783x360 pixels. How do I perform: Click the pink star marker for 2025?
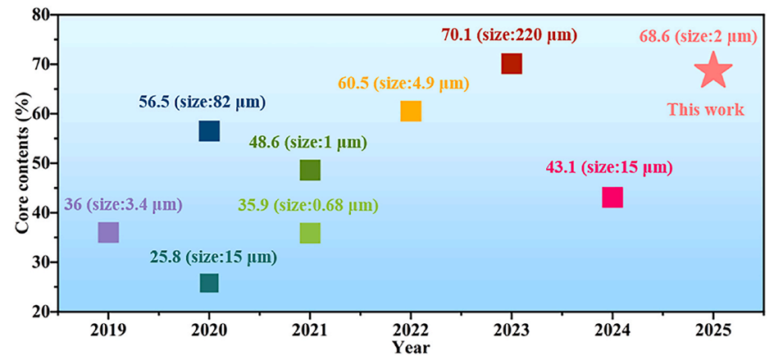[x=713, y=71]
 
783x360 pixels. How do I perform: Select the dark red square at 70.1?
[x=511, y=64]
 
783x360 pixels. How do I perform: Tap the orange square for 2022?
[x=411, y=112]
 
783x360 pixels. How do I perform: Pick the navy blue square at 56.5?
[x=209, y=131]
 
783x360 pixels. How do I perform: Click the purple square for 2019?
[x=108, y=233]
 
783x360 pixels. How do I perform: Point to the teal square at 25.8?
[x=209, y=283]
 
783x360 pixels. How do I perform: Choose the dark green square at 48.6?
[x=310, y=170]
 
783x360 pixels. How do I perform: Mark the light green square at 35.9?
[x=310, y=233]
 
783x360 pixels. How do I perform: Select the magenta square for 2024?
[x=612, y=197]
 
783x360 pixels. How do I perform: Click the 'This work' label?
[x=705, y=109]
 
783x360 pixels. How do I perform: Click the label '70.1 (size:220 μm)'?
[x=509, y=35]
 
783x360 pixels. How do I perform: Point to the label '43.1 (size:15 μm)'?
[x=608, y=168]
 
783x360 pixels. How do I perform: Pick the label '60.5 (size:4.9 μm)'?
[x=403, y=84]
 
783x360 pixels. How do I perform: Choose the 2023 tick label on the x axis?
[x=511, y=333]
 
